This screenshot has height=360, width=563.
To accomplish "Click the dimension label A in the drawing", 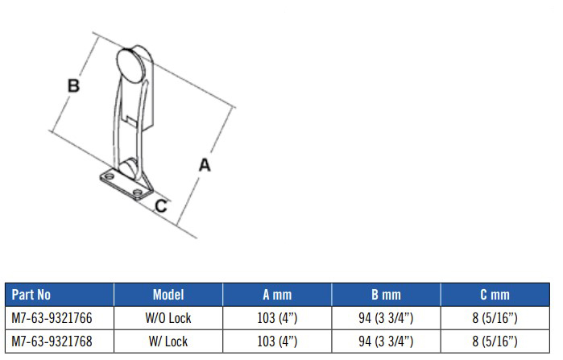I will click(205, 164).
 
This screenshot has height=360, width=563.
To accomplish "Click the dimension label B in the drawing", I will click(73, 85).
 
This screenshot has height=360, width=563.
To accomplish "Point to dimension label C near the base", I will click(161, 206).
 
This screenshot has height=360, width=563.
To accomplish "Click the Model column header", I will click(168, 295).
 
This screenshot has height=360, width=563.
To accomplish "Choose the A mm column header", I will click(276, 295).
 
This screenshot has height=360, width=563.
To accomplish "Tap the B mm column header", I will click(385, 295).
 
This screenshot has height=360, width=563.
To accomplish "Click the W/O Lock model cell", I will click(168, 318).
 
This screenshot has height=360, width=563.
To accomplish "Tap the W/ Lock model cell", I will click(168, 341).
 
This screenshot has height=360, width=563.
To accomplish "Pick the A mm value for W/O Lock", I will click(276, 318).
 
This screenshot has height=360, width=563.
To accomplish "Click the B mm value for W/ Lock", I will click(385, 341).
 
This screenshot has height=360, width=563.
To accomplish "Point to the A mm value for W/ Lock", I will click(276, 341).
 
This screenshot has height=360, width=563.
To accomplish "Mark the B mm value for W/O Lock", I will click(385, 318).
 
